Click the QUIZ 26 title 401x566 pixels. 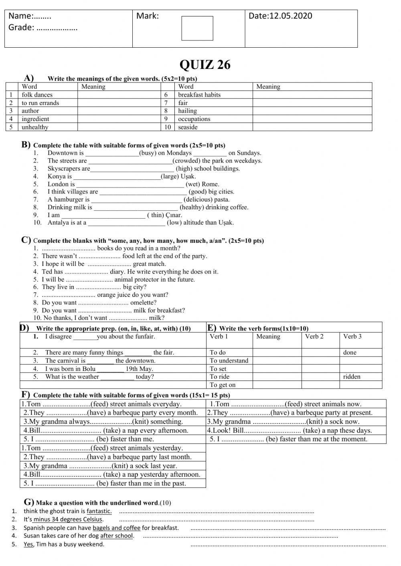coord(205,64)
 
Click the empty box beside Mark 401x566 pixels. coord(197,28)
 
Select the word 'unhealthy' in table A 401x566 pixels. coord(35,127)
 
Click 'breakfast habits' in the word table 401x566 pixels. coord(199,95)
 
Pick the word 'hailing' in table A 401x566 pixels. coord(188,111)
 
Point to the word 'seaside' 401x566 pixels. coord(188,127)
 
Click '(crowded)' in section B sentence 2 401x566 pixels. coord(187,161)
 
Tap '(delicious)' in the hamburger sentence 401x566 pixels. coord(198,199)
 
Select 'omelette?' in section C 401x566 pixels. coord(144,302)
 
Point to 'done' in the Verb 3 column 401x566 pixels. coord(350,352)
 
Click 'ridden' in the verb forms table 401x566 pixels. coord(352,377)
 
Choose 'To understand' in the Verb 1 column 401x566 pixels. coord(229,361)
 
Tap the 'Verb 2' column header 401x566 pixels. coord(314,336)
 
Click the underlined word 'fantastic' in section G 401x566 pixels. coord(99,511)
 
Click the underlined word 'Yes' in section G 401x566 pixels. coord(28,544)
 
